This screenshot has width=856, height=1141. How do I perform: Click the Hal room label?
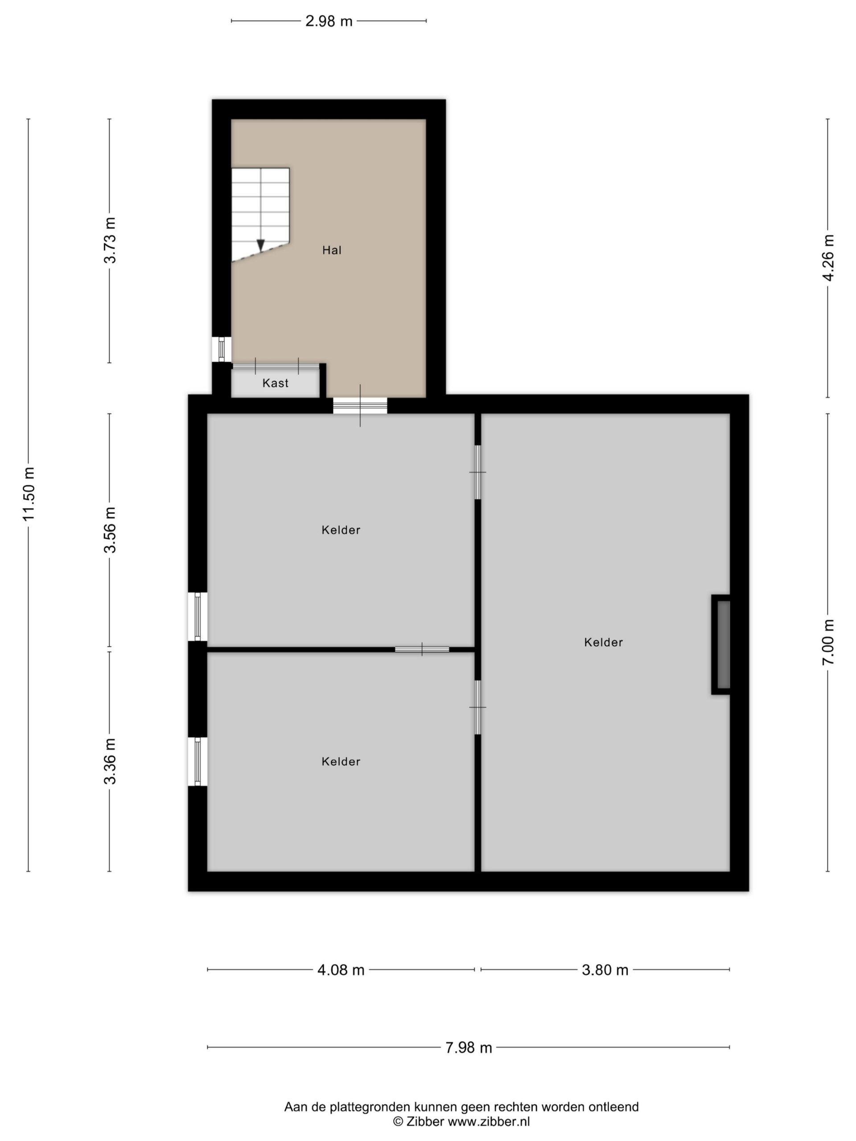[332, 250]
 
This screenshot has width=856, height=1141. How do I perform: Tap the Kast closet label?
[275, 383]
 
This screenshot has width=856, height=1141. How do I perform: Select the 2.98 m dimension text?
[329, 21]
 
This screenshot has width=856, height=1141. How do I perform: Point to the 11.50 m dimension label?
[29, 494]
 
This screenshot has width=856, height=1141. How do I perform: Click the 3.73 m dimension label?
[110, 240]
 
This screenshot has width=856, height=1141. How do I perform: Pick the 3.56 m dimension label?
[110, 530]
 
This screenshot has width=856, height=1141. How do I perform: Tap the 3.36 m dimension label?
[110, 761]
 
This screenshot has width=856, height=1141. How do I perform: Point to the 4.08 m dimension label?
[341, 970]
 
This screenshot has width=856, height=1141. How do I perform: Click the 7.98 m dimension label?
[469, 1048]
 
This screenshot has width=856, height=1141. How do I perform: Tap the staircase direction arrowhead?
[260, 246]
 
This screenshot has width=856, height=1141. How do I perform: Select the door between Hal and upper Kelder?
[360, 406]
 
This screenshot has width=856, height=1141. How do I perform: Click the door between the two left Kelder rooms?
[422, 649]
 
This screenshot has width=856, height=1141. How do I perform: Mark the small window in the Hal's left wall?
[221, 349]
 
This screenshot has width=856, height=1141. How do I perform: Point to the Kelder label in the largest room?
[603, 642]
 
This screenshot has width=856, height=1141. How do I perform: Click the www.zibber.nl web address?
[488, 1121]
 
